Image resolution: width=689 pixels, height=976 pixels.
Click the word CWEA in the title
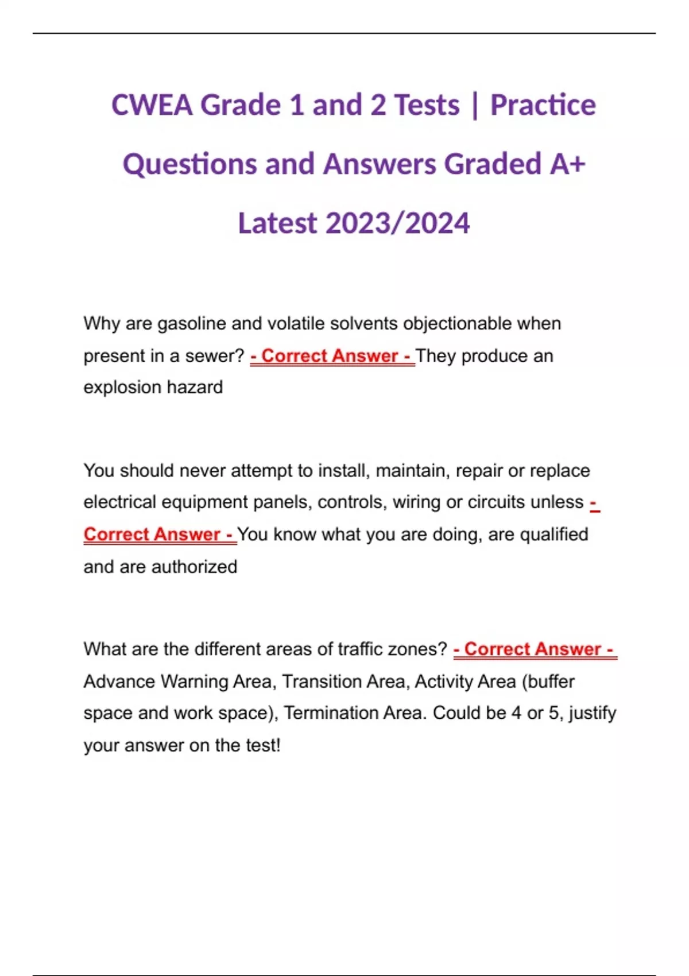coord(152,105)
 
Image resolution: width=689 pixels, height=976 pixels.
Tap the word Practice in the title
coord(543,105)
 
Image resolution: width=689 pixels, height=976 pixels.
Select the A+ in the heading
coord(567,164)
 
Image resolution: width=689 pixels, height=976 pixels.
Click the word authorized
coord(193,567)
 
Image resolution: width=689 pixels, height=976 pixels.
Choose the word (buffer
coord(548,681)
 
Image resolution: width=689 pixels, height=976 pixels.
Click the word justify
coord(592,713)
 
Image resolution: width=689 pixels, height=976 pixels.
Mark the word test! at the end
coord(263,745)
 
